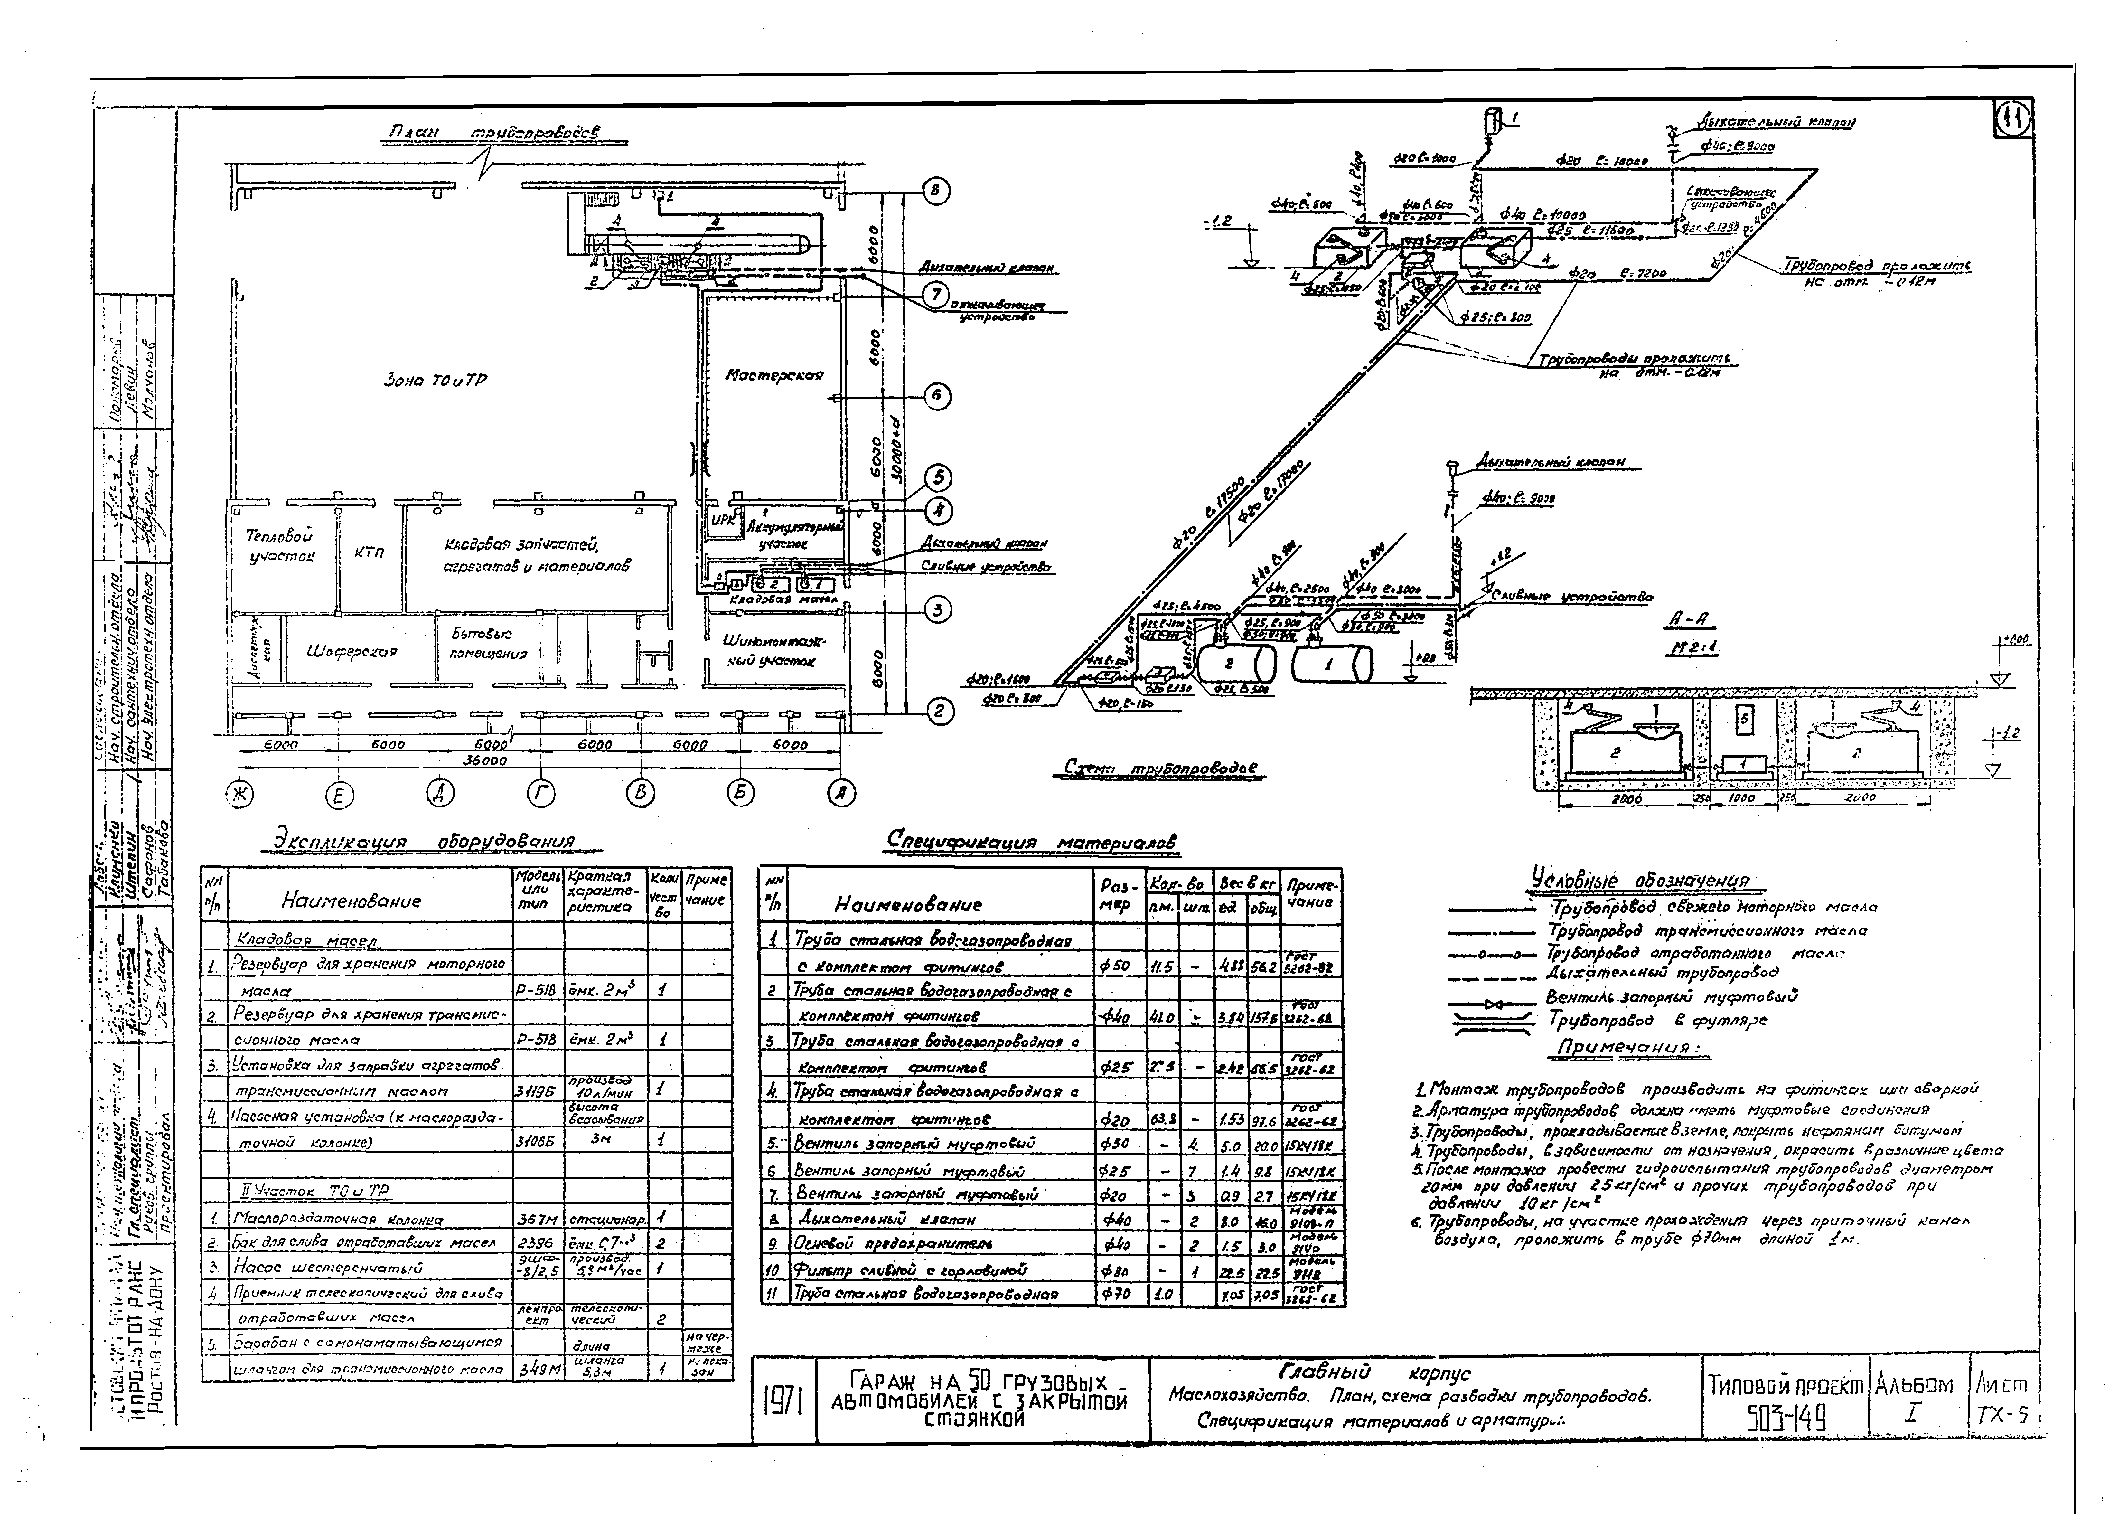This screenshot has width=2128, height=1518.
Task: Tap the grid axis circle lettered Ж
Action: coord(240,795)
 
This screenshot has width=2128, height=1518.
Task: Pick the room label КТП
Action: coord(369,552)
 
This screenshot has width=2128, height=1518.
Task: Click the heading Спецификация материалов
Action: coord(1032,842)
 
